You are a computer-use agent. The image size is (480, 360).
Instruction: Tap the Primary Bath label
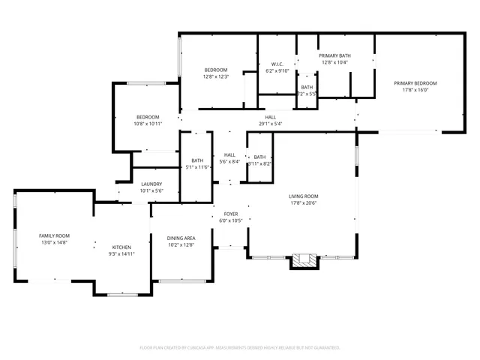(335, 55)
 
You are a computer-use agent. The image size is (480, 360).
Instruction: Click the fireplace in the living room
(304, 260)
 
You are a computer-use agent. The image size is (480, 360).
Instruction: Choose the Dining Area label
(181, 238)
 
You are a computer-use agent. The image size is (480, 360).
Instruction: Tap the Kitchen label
(121, 247)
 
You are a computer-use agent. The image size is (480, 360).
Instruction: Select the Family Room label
(54, 235)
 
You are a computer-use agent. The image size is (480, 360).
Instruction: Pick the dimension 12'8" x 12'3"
(215, 76)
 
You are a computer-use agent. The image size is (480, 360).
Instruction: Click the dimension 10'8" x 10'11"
(148, 124)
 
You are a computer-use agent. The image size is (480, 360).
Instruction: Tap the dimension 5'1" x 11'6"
(197, 166)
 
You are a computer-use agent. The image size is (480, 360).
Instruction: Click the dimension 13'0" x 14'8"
(54, 242)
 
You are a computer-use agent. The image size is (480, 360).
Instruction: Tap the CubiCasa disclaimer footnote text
(240, 347)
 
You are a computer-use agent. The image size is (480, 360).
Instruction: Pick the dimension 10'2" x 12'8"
(181, 245)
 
